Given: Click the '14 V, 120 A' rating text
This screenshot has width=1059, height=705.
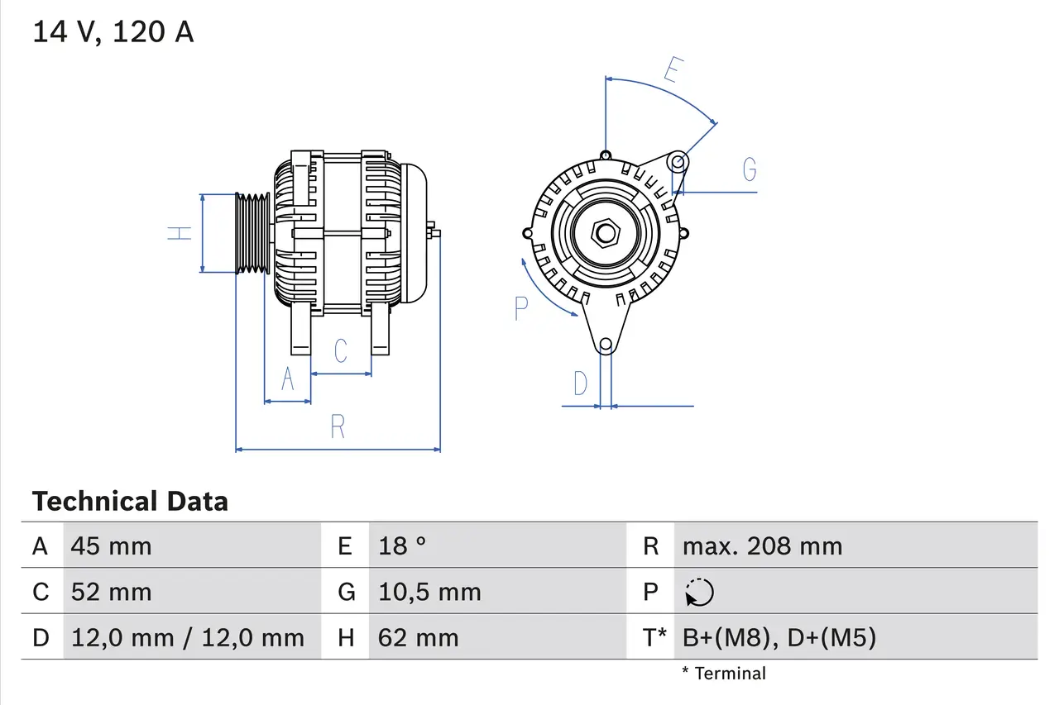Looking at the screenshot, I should click(x=113, y=32).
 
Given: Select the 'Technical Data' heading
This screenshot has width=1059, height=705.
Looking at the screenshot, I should click(x=130, y=501).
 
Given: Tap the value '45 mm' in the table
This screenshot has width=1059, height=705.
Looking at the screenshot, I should click(x=111, y=545).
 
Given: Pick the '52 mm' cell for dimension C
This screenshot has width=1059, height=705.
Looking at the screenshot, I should click(x=111, y=592).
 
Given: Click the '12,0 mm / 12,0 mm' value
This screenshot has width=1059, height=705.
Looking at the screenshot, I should click(x=188, y=637).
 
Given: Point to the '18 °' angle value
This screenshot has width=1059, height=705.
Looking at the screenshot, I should click(x=402, y=545).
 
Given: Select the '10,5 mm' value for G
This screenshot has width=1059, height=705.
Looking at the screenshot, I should click(x=429, y=592).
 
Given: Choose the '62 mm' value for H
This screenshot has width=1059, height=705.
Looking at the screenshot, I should click(x=418, y=637).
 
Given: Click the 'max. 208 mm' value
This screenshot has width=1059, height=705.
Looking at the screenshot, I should click(x=762, y=545).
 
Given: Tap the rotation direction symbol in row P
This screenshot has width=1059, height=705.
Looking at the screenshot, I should click(x=699, y=593).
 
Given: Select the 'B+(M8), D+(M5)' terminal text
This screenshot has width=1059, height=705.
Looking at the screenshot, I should click(x=779, y=637).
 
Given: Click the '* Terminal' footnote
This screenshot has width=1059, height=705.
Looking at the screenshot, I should click(x=724, y=674).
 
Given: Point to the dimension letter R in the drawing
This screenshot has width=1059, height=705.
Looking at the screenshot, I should click(x=338, y=427).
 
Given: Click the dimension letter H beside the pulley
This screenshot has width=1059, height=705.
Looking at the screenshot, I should click(x=180, y=233).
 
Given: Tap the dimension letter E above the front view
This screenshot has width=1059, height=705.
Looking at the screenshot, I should click(x=672, y=71).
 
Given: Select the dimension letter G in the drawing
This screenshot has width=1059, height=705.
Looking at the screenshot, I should click(x=749, y=169).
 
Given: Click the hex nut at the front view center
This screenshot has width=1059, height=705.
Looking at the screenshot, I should click(x=606, y=233).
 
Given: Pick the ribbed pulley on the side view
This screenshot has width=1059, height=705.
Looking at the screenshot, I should click(x=252, y=234).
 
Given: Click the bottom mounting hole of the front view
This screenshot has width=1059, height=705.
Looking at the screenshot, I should click(x=606, y=344).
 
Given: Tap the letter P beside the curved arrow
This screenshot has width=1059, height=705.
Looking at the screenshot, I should click(x=520, y=308).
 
